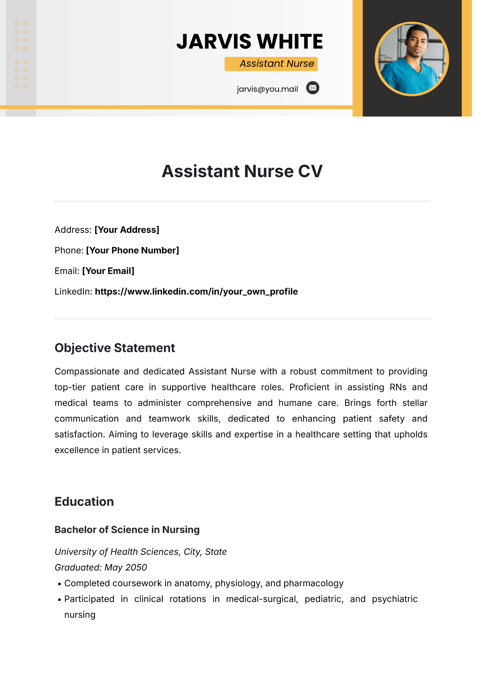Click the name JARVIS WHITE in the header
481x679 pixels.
coord(249,42)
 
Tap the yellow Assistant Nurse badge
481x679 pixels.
coord(271,64)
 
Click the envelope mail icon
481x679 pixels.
coord(313,88)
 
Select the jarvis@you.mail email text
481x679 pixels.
coord(267,89)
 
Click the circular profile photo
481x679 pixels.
coord(412,59)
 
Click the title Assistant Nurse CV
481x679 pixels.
coord(242,171)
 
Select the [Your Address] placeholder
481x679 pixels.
coord(127,230)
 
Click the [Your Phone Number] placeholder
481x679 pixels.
coord(132,250)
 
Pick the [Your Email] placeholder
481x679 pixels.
coord(108,271)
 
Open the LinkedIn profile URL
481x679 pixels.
coord(196,291)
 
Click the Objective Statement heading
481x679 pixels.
coord(115,348)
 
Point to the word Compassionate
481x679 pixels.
coord(87,372)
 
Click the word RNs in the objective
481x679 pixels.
coord(398,387)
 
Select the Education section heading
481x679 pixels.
coord(84,502)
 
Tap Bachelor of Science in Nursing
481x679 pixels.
coord(127,530)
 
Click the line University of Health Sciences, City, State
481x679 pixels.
coord(140,552)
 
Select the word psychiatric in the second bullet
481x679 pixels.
coord(394,599)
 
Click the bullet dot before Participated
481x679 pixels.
coord(59,600)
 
